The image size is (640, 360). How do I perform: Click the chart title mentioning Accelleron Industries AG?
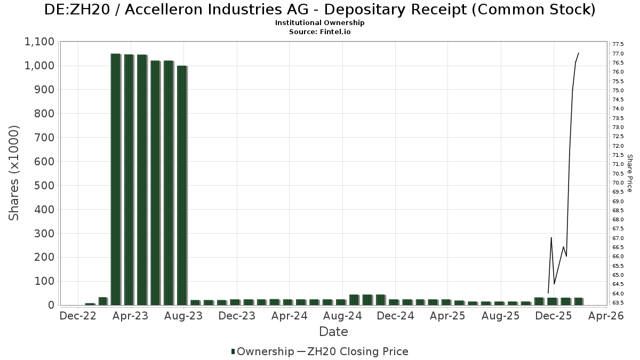[320, 10]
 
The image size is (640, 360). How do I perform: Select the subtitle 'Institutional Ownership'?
[320, 23]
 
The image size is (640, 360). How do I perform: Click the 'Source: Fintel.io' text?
[320, 31]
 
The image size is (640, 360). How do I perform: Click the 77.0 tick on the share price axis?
[619, 53]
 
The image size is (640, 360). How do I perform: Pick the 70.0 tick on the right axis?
[619, 182]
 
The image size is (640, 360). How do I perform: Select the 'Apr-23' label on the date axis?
[131, 316]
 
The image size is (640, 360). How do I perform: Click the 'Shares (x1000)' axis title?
[14, 173]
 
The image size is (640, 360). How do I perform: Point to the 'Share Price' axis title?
[630, 173]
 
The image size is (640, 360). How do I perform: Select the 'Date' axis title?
[333, 332]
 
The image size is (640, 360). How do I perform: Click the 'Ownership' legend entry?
[265, 351]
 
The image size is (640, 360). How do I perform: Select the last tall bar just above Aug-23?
[182, 185]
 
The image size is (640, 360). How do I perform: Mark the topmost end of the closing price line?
[579, 53]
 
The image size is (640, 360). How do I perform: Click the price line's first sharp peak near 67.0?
[551, 237]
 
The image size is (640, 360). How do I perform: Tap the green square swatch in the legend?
[233, 351]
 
